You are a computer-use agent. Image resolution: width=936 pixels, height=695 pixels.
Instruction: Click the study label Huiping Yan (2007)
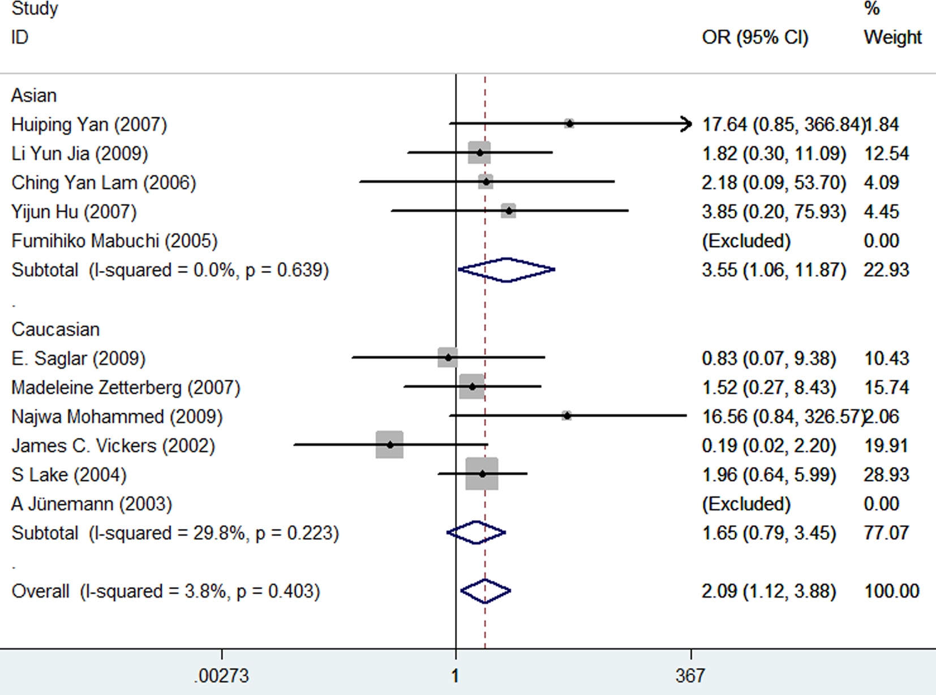(89, 125)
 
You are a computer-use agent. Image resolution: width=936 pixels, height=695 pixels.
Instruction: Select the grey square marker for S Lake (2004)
(482, 474)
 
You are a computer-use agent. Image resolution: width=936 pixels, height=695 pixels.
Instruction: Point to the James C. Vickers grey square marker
(389, 445)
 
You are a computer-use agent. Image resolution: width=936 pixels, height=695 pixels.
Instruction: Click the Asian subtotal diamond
(506, 270)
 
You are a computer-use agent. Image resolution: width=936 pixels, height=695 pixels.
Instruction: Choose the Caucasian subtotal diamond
(476, 533)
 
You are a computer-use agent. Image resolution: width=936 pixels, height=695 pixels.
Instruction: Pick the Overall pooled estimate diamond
(485, 591)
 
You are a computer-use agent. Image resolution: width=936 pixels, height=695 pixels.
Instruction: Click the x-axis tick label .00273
(221, 676)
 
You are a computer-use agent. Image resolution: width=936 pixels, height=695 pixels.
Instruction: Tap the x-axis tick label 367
(690, 676)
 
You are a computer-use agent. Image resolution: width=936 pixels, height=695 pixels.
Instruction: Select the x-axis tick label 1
(455, 676)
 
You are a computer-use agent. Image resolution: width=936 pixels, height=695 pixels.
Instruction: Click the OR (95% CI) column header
(755, 37)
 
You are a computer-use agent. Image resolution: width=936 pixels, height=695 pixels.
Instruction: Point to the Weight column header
(892, 37)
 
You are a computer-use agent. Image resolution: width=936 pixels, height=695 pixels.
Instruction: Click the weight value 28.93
(886, 475)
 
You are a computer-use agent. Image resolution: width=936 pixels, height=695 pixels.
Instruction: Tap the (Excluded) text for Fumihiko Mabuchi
(746, 241)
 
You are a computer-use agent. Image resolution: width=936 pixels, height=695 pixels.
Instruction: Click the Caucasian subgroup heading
(55, 329)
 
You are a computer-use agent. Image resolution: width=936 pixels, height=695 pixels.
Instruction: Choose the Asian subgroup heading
(34, 95)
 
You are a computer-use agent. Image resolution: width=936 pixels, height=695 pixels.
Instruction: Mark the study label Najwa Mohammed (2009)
(117, 417)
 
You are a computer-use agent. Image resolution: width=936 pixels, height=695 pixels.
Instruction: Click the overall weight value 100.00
(891, 591)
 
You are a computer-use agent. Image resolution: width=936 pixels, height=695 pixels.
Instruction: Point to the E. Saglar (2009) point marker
(448, 358)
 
